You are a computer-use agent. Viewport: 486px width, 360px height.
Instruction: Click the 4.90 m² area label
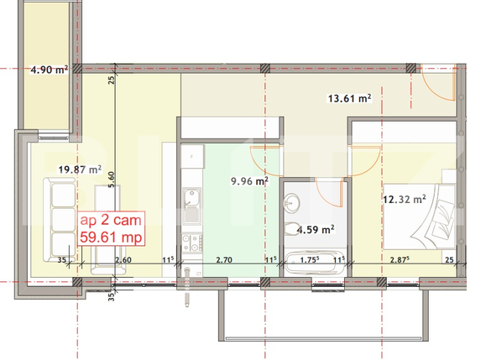(50, 70)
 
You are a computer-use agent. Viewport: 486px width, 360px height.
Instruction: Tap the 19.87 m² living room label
(79, 169)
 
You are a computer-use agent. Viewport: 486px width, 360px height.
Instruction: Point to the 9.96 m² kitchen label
(249, 179)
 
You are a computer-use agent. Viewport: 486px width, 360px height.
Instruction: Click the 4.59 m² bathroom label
(316, 227)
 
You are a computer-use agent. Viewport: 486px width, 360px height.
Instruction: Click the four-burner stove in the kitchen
(191, 243)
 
